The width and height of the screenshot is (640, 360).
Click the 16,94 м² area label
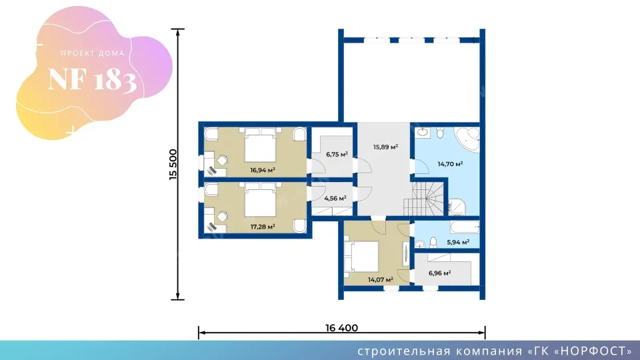263,170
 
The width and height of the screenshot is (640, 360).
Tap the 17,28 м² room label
263,227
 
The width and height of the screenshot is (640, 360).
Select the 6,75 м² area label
337,154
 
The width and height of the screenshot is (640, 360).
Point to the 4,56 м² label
335,199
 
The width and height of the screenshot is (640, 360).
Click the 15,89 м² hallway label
385,147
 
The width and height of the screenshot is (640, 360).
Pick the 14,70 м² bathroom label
450,164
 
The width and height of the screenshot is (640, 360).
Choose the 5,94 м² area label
458,242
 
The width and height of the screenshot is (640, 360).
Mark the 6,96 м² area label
439,273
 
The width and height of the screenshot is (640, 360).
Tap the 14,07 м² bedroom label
381,279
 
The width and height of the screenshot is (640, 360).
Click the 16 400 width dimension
341,328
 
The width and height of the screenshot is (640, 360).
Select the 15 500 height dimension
173,165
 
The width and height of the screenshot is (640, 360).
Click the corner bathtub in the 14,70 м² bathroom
467,140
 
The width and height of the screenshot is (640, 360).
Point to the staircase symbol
424,199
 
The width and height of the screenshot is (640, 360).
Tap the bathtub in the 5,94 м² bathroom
465,227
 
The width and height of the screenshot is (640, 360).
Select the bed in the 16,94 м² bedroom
260,145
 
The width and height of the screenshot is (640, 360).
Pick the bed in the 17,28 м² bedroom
260,200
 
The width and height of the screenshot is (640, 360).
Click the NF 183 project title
93,79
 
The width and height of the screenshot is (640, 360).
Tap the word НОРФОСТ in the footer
593,351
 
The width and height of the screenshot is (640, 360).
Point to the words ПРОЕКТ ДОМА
93,53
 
